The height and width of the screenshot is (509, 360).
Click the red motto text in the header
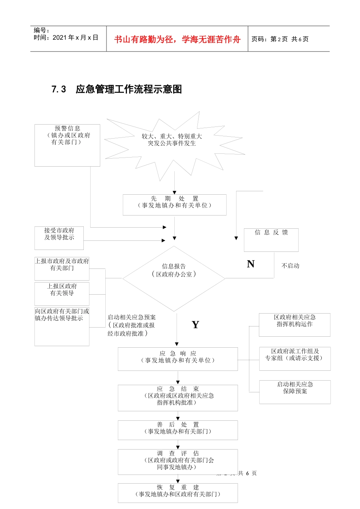click(177, 39)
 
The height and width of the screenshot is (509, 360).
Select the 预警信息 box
click(67, 145)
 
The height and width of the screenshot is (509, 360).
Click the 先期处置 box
click(174, 205)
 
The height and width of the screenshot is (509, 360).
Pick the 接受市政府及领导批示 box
click(59, 238)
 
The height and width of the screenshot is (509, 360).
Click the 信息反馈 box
click(271, 240)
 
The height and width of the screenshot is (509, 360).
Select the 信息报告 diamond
click(174, 278)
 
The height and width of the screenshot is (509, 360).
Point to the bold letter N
click(250, 264)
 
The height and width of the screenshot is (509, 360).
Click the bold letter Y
click(195, 325)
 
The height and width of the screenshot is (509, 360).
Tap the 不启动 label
click(290, 266)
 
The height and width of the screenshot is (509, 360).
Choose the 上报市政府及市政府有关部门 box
click(62, 268)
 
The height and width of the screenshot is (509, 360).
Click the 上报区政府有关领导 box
click(62, 293)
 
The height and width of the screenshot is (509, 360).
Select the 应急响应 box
click(178, 359)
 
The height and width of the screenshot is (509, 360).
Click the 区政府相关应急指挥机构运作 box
click(294, 325)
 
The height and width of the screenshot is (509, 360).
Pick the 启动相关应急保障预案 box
click(295, 392)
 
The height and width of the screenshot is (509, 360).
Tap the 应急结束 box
click(178, 398)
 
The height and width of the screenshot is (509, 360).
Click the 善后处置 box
click(178, 430)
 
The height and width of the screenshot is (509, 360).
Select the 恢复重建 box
click(178, 493)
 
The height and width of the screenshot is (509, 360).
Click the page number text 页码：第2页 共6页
click(280, 39)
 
